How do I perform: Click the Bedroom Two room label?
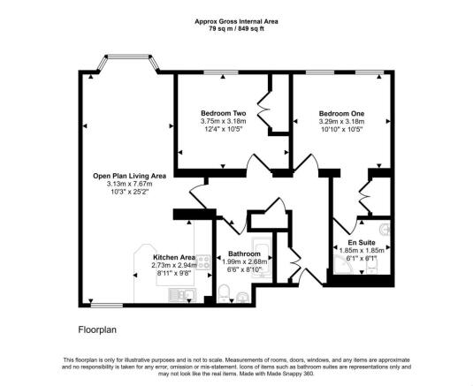point(223,113)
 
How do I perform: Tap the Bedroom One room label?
point(341,114)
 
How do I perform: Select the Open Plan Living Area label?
point(129,176)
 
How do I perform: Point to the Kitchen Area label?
point(174,257)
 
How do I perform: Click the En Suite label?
point(362,242)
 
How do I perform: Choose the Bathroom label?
point(244,254)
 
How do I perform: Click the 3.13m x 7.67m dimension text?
point(129,184)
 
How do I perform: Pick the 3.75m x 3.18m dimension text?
point(223,121)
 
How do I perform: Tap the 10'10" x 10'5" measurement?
point(341,129)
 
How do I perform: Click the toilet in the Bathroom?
point(224,292)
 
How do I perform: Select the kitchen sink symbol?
point(183,295)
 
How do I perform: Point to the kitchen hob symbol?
point(203,262)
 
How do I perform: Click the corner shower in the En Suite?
point(344,264)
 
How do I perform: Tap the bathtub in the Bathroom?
point(263,258)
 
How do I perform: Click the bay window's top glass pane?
point(128,57)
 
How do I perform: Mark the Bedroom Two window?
point(220,72)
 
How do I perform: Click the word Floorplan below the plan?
point(97,329)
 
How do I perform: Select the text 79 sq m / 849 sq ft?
point(237,29)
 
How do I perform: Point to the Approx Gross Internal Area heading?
point(237,21)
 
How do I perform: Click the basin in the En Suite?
point(385,230)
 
